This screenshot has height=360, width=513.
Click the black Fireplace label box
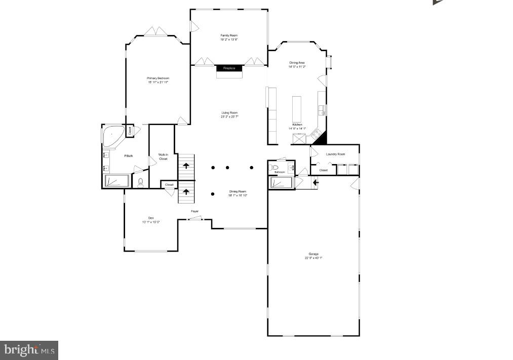point(229,68)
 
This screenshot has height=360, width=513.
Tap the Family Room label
point(229,35)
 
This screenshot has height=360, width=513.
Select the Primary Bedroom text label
point(158,78)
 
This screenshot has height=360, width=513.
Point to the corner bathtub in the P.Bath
point(112,136)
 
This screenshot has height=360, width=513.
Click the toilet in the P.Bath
point(140,182)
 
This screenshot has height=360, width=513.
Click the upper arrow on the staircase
point(186,165)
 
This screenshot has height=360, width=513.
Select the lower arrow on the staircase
point(186,191)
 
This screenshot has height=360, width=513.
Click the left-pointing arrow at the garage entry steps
point(315,182)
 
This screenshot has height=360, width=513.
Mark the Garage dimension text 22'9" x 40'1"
point(313,258)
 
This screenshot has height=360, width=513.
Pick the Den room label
point(150,218)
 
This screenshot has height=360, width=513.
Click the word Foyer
point(194,211)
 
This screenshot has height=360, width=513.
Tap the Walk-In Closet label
point(163,156)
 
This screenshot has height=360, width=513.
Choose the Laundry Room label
point(335,154)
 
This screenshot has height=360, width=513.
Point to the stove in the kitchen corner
point(317,134)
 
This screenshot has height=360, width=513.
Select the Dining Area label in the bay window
point(297,63)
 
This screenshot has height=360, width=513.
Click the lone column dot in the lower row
point(213,194)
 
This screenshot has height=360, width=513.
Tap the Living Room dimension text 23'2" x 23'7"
point(229,116)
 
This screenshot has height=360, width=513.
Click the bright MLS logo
point(29,350)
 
